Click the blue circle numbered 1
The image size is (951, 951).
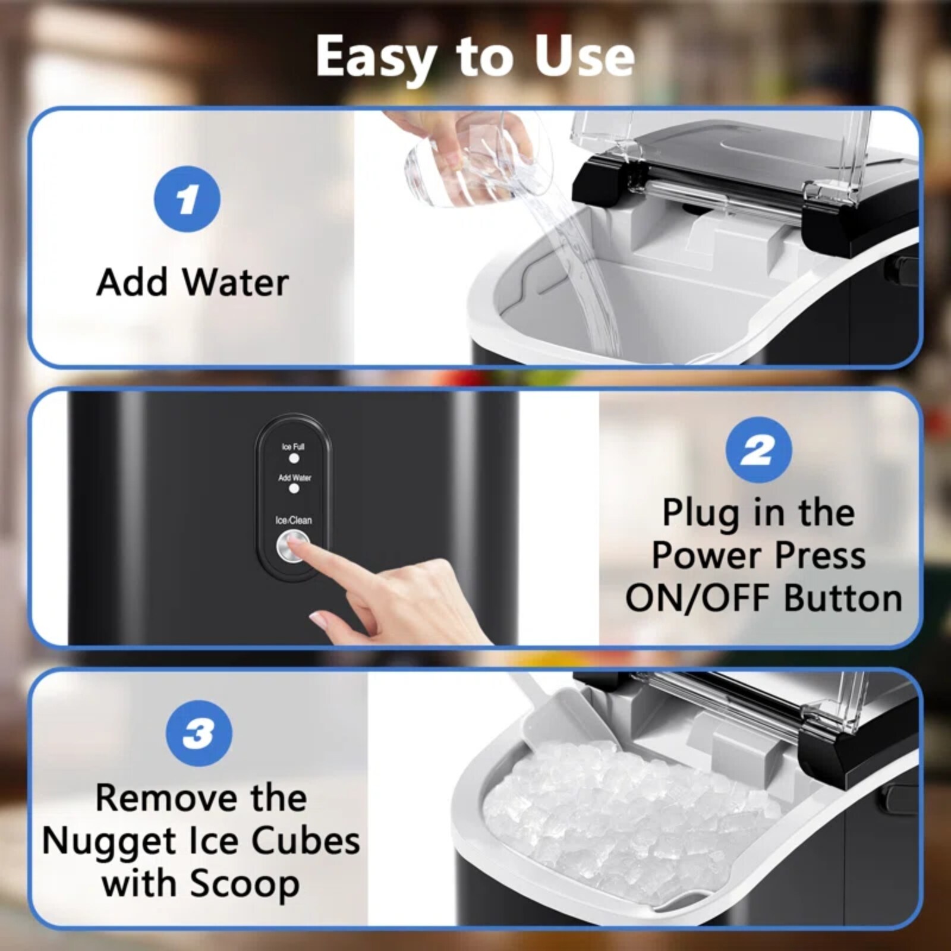point(187,199)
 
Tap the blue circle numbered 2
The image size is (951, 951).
point(758,450)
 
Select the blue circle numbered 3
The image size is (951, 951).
point(199,733)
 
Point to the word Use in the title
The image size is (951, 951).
point(584,56)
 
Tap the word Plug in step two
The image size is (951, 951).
point(700,514)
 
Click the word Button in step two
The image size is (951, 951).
point(843,598)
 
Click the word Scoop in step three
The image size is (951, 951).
point(244,885)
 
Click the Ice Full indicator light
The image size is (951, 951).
point(294,458)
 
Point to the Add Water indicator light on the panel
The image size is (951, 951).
point(294,489)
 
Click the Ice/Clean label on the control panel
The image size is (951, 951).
point(294,520)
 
